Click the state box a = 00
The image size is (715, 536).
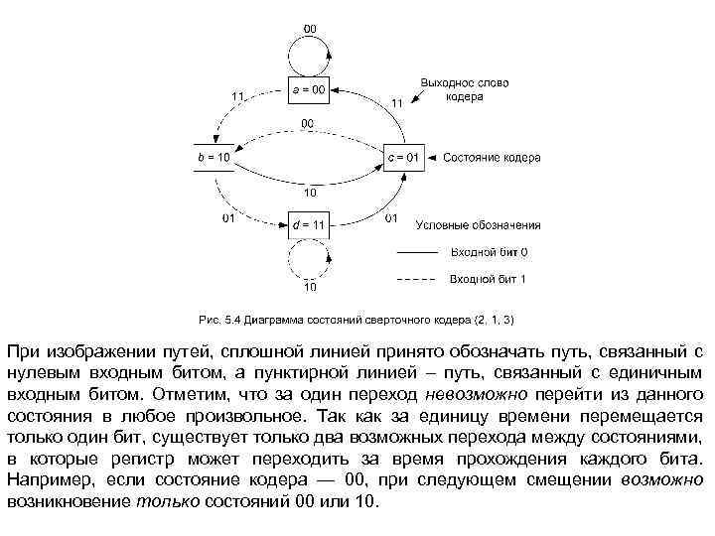[x=309, y=90]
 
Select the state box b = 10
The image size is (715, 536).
[x=213, y=158]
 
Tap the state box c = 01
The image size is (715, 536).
[x=405, y=158]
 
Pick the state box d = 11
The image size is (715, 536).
[x=309, y=225]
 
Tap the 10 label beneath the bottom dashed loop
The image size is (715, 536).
[x=310, y=288]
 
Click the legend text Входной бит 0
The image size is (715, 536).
[x=489, y=252]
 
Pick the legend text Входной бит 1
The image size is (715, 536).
[x=489, y=279]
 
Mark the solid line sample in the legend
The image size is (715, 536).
[x=417, y=253]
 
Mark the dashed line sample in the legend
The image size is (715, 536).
[x=417, y=280]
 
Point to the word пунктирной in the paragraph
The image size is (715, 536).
[x=299, y=370]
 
